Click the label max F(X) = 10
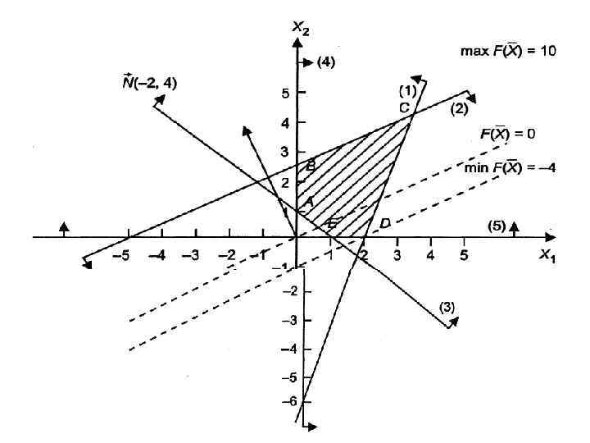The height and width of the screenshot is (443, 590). click(508, 51)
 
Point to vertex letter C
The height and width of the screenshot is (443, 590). click(403, 107)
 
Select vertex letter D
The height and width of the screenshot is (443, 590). click(384, 223)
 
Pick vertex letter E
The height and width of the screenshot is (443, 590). click(331, 224)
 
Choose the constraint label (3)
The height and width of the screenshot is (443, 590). click(447, 307)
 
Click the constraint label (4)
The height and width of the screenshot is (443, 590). click(325, 62)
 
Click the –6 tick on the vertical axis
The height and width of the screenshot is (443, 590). click(282, 403)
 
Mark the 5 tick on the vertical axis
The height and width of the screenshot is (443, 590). click(282, 94)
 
